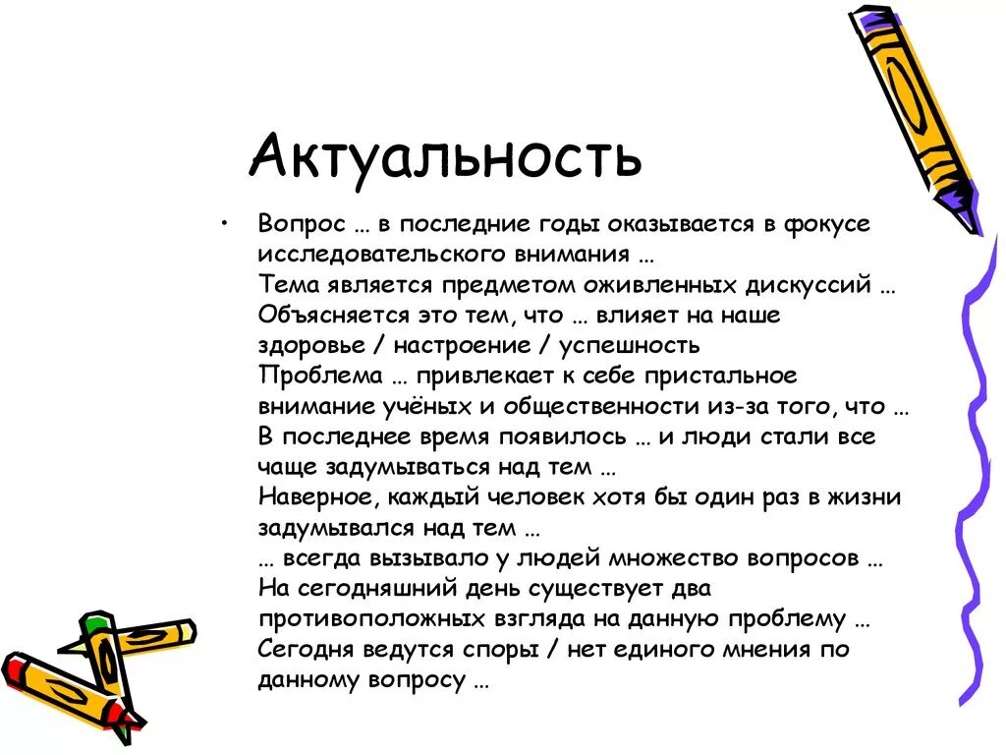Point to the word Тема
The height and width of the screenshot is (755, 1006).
[288, 285]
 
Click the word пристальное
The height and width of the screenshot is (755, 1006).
[715, 377]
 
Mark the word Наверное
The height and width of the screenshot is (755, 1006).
[315, 497]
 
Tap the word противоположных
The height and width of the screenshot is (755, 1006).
[371, 619]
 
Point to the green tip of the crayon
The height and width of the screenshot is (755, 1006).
[95, 623]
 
